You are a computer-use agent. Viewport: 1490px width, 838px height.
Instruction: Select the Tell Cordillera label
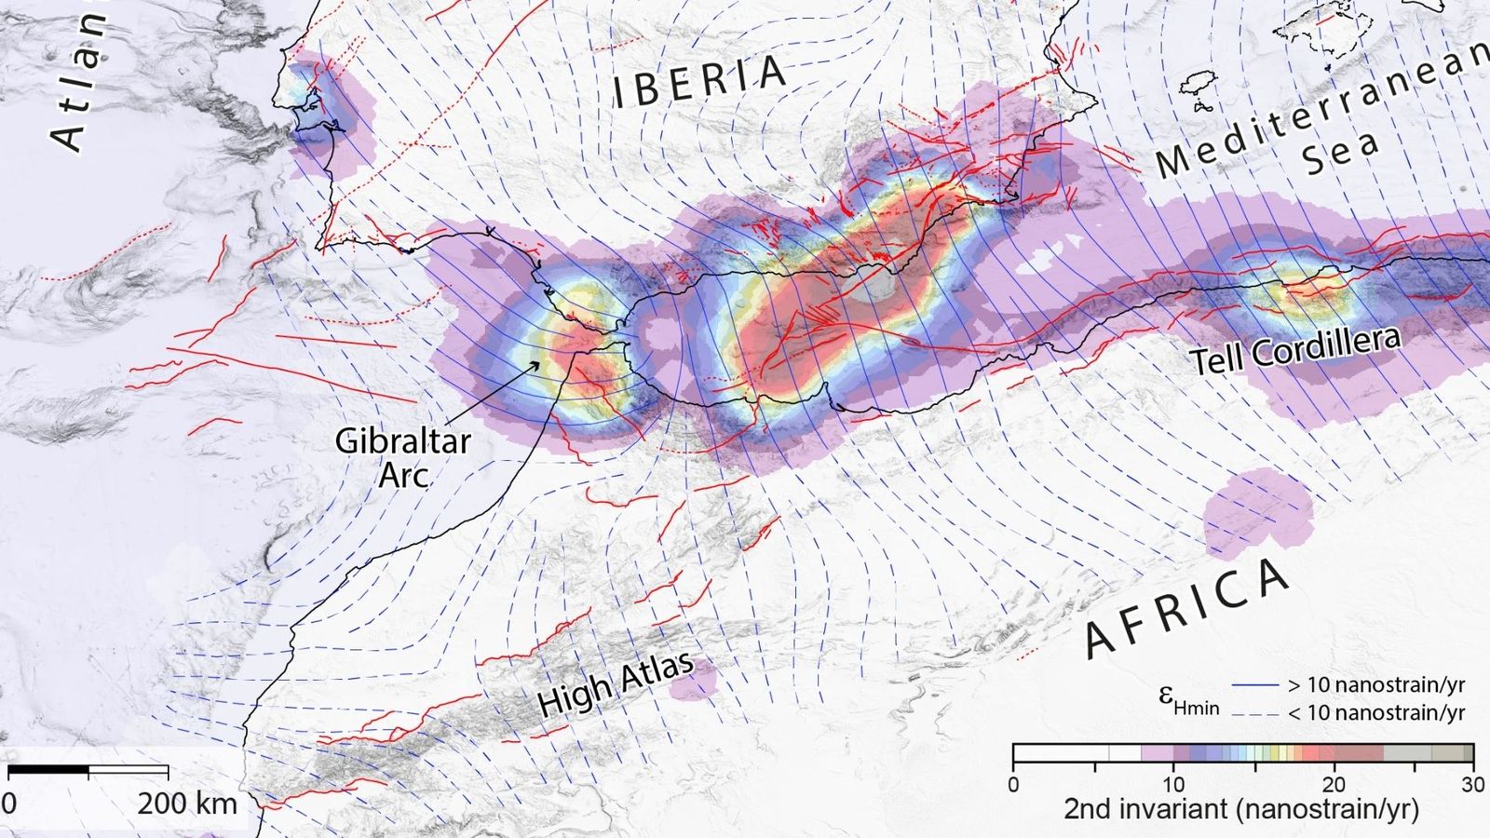point(1295,350)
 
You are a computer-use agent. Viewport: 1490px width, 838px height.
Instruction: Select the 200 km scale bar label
point(187,803)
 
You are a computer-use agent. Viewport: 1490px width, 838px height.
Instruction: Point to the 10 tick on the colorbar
point(1173,785)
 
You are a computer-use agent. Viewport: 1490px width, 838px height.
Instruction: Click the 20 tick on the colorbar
point(1334,785)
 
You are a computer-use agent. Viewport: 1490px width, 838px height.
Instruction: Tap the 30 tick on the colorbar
point(1472,785)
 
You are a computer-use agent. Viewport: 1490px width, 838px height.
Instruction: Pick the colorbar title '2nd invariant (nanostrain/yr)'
point(1241,809)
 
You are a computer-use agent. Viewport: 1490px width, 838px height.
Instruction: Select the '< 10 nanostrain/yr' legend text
point(1376,713)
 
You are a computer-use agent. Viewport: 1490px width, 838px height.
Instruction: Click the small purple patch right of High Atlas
point(695,683)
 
